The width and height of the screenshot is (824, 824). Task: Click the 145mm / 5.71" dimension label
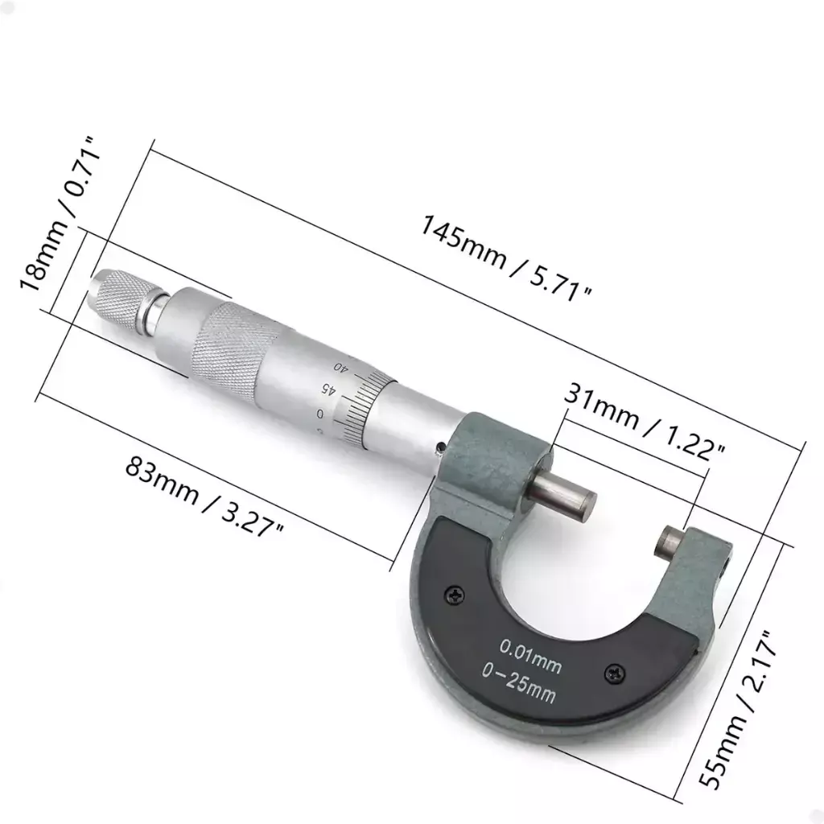point(505,258)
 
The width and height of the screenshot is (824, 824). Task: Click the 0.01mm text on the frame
point(530,654)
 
